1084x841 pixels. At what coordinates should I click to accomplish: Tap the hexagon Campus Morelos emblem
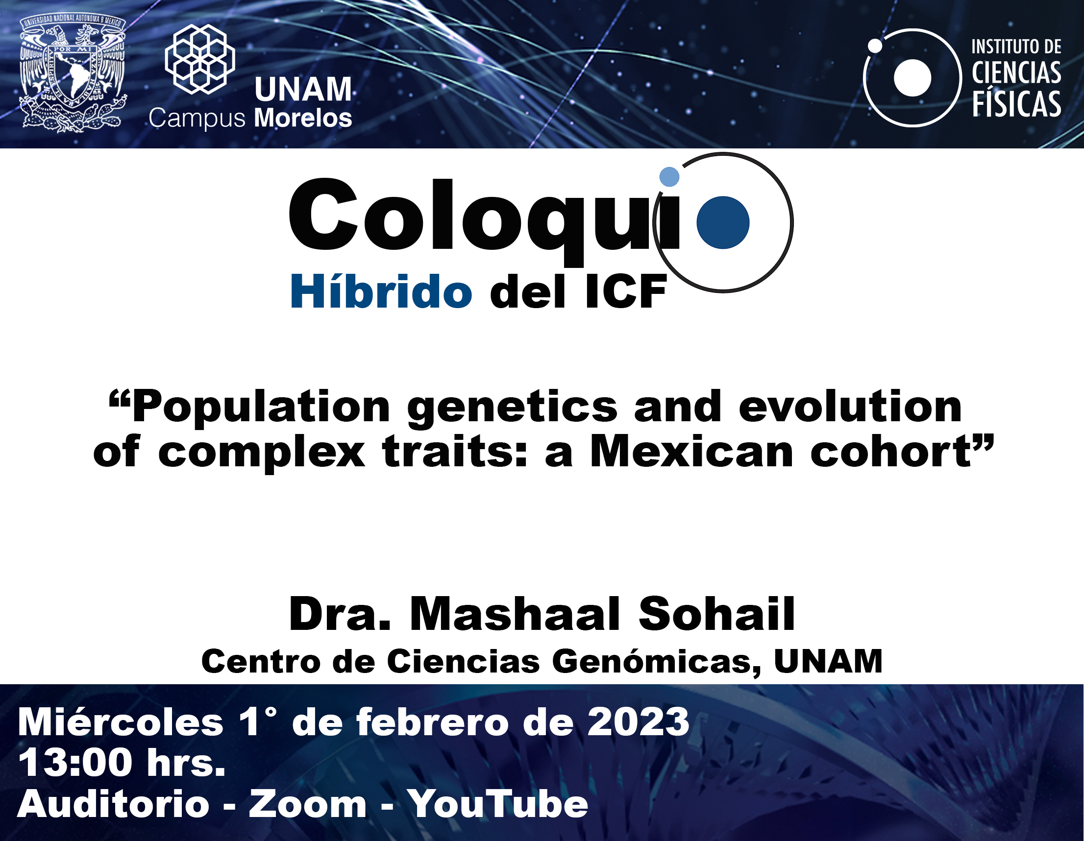(x=200, y=59)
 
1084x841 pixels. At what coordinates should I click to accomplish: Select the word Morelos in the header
(x=303, y=118)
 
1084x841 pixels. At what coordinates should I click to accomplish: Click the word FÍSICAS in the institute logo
(x=1016, y=104)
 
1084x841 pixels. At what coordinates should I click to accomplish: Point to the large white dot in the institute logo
(x=912, y=77)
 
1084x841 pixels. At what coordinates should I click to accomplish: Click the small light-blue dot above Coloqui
(x=669, y=177)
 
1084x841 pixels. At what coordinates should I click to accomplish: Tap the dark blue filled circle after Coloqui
(x=723, y=222)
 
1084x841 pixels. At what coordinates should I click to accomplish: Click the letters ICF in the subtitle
(x=626, y=292)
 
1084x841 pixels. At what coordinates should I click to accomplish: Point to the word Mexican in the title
(x=692, y=452)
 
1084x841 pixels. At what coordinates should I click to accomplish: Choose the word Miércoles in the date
(x=121, y=722)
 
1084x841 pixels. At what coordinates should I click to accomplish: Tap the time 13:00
(x=75, y=763)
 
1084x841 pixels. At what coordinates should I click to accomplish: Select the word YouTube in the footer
(x=498, y=804)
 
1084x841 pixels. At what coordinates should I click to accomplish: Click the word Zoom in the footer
(x=307, y=804)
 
